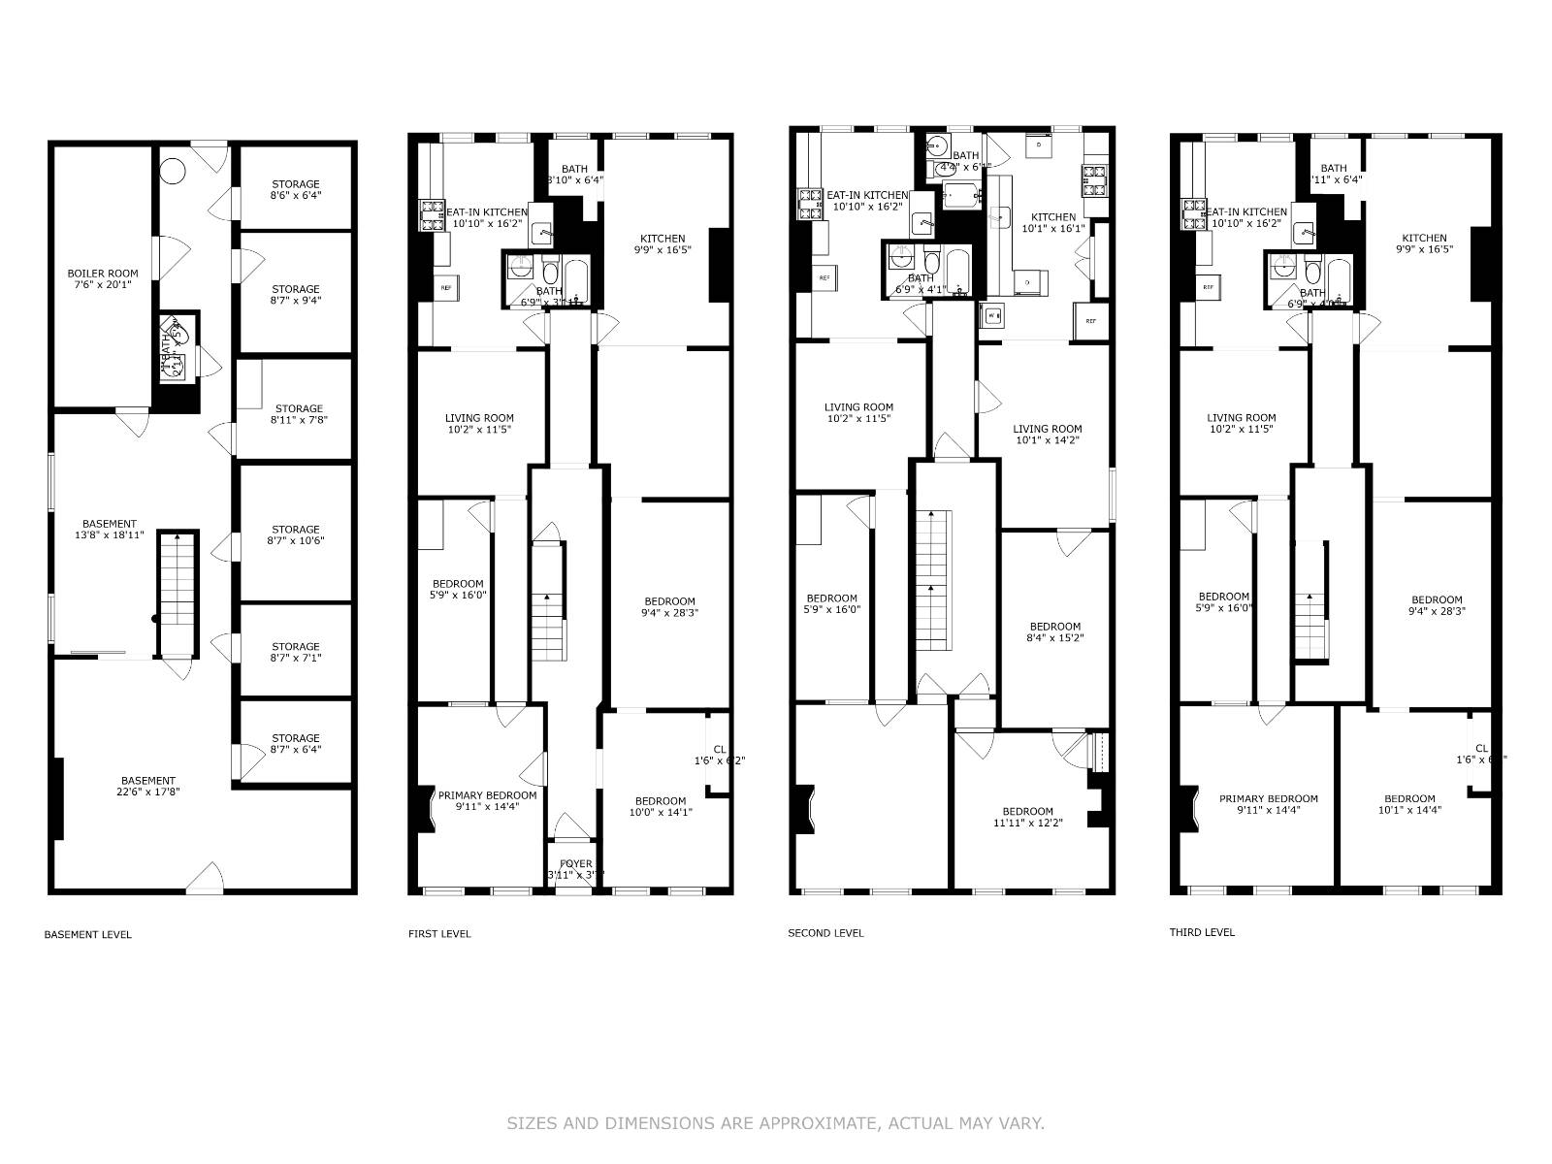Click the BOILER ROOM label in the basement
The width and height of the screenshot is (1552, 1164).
pyautogui.click(x=102, y=279)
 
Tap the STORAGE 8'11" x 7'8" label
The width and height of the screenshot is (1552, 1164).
pyautogui.click(x=298, y=414)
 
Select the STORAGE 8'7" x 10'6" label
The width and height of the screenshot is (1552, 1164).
pyautogui.click(x=296, y=535)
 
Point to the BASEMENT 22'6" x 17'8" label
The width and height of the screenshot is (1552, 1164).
pyautogui.click(x=148, y=786)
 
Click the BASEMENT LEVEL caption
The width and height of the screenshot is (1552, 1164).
pyautogui.click(x=87, y=935)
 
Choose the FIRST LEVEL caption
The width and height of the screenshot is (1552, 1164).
pyautogui.click(x=439, y=934)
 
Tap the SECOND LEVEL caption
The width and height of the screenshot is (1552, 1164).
pyautogui.click(x=825, y=933)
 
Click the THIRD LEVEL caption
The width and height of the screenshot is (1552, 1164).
pyautogui.click(x=1202, y=932)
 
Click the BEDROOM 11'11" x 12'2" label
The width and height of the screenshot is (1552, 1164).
pyautogui.click(x=1027, y=817)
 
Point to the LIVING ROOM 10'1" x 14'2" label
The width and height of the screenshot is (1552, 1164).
pyautogui.click(x=1047, y=435)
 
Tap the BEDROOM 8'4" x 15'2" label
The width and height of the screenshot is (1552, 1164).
pyautogui.click(x=1054, y=631)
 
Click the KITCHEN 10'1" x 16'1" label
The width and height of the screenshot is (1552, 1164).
pyautogui.click(x=1052, y=223)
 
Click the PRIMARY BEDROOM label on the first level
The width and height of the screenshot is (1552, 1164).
pyautogui.click(x=487, y=800)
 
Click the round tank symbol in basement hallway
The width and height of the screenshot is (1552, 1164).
pyautogui.click(x=172, y=171)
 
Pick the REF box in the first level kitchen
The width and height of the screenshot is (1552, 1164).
pyautogui.click(x=446, y=287)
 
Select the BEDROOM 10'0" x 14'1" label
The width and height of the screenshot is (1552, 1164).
pyautogui.click(x=660, y=807)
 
